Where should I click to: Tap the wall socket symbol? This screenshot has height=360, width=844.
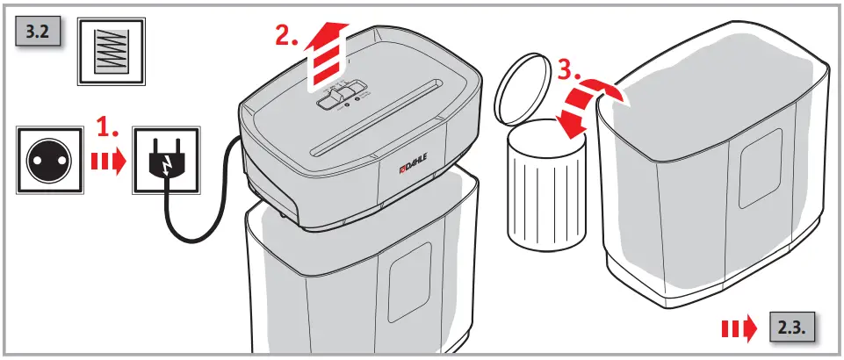point(50,158)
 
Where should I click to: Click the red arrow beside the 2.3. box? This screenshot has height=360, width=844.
point(738,328)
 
